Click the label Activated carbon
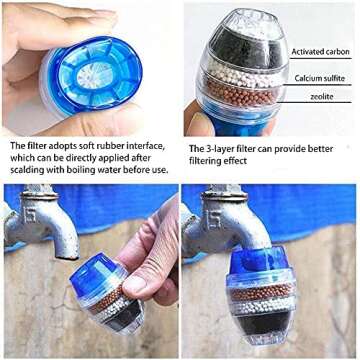click(x=320, y=52)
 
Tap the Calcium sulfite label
click(x=319, y=78)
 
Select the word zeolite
click(x=322, y=97)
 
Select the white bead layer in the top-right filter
click(x=243, y=74)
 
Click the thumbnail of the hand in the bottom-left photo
click(x=136, y=285)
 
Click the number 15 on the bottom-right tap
click(x=213, y=219)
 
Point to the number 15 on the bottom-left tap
click(x=31, y=217)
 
